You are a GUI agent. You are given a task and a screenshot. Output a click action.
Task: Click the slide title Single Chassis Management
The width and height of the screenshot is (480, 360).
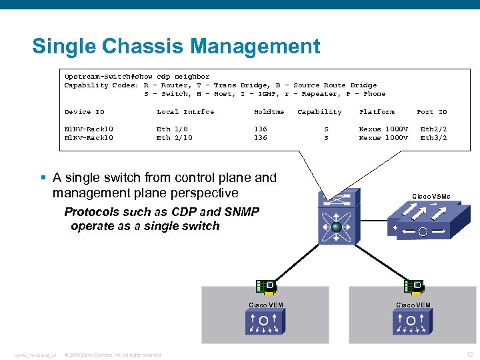pos(176,47)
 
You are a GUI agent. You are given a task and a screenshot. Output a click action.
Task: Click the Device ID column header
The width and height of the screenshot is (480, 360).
pos(84,112)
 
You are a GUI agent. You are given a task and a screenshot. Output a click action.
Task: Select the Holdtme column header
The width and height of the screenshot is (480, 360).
pos(269,112)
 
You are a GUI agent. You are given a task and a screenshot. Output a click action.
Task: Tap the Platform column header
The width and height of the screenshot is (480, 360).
pos(377,112)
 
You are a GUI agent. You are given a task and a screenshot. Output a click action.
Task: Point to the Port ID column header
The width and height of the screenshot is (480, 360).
pos(431,112)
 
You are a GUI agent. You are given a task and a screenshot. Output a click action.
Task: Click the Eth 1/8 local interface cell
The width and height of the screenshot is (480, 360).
pos(172,129)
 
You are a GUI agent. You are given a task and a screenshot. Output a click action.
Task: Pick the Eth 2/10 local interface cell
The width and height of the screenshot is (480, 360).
pos(174,138)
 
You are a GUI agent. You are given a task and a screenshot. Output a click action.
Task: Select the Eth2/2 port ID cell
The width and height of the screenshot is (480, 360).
pos(433,129)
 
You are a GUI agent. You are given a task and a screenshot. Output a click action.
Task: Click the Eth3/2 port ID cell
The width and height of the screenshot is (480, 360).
pos(433,138)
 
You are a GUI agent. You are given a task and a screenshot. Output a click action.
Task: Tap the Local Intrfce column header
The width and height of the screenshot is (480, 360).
pos(185,112)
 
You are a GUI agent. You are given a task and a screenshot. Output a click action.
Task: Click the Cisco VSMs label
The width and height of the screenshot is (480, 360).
pos(431,197)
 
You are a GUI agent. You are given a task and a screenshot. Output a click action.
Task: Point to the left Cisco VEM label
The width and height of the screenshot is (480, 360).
pos(266,305)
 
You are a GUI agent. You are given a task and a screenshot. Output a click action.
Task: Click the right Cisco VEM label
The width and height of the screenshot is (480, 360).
pos(413,305)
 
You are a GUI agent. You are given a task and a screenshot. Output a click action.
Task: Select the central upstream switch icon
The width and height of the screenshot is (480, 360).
pos(337,217)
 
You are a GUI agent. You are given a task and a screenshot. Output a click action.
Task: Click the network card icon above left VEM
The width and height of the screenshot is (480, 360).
pos(266,287)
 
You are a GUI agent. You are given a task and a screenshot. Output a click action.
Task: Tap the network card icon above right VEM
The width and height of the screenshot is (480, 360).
pos(413,287)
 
